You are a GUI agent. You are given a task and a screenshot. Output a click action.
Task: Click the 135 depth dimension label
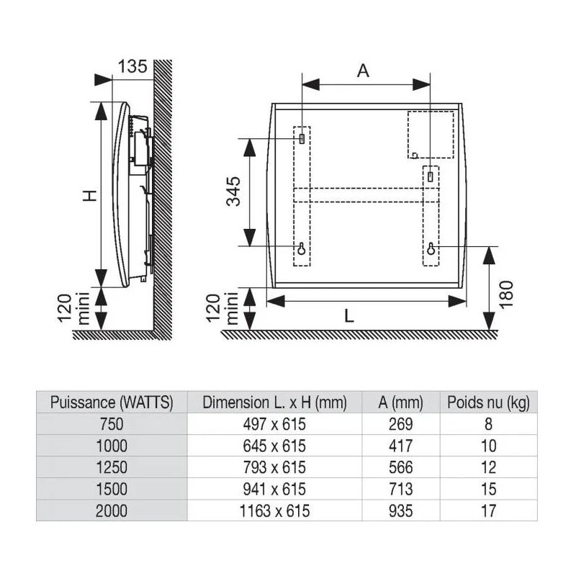(132, 66)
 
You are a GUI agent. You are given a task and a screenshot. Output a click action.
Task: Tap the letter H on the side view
(89, 195)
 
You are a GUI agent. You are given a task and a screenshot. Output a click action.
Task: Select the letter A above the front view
(363, 70)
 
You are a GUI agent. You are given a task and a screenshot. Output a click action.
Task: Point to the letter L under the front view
(349, 316)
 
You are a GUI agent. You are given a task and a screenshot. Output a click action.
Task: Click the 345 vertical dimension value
(233, 192)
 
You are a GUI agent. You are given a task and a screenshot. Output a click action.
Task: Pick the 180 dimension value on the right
(506, 295)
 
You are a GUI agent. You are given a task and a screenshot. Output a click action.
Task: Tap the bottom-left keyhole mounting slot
(302, 248)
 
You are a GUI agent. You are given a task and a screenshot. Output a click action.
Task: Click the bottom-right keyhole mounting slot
(431, 248)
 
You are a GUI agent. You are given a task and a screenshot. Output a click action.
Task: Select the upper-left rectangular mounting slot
(302, 139)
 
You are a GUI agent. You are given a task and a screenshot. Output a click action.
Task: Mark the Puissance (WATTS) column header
(112, 402)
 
